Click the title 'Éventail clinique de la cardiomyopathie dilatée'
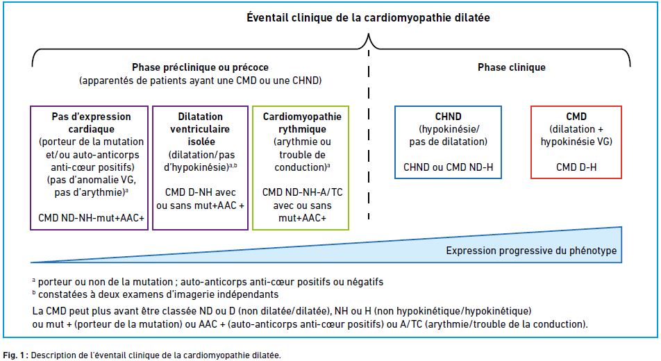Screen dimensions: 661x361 point(368,18)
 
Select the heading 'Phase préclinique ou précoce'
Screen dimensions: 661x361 point(200,67)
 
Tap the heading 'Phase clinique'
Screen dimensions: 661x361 point(511,67)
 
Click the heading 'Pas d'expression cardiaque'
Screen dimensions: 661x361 point(91,123)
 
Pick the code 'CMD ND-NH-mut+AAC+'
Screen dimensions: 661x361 point(91,217)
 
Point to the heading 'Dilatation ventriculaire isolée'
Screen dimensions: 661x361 point(200,129)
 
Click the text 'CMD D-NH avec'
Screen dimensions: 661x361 point(200,192)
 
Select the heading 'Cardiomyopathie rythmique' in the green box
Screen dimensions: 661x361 point(302,123)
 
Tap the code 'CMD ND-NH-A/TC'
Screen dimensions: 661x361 point(302,192)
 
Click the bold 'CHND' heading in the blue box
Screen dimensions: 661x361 point(448,117)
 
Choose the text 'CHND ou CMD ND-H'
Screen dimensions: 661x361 point(448,167)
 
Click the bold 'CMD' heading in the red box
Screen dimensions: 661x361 point(576,117)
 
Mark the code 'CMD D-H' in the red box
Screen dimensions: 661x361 point(576,167)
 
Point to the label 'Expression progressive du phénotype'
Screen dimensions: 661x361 point(531,251)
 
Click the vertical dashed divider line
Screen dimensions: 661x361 point(369,135)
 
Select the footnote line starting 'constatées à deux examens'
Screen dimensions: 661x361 point(156,294)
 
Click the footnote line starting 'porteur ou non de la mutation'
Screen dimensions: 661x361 point(208,281)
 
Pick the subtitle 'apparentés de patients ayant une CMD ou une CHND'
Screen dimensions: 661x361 point(200,80)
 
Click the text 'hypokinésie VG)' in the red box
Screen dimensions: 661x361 point(576,142)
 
